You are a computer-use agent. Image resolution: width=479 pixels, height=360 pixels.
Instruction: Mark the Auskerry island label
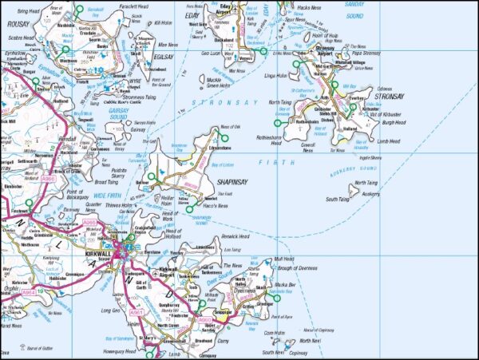pyautogui.click(x=370, y=193)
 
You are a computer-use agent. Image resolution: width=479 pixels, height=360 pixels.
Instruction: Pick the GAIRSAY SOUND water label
pyautogui.click(x=119, y=114)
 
